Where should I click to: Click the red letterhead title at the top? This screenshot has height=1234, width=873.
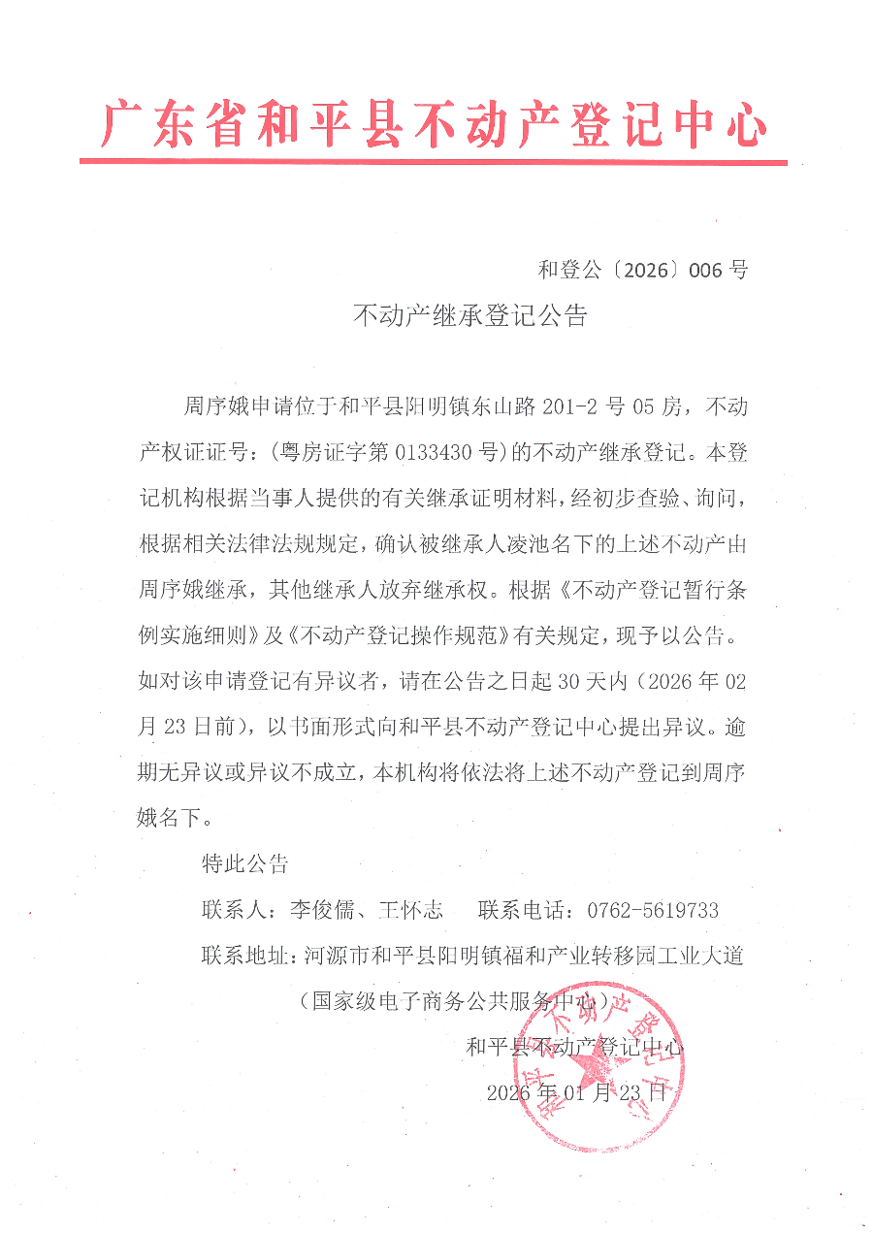434,124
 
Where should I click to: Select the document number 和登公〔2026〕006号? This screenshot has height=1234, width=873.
642,270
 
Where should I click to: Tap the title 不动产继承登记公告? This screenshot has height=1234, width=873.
469,316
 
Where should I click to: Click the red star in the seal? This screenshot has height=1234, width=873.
593,1067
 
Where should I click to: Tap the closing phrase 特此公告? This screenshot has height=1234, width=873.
244,863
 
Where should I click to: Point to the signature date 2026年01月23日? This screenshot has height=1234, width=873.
576,1092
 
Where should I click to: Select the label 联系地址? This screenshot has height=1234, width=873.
244,957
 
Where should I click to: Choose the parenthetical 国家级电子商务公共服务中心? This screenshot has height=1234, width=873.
460,1001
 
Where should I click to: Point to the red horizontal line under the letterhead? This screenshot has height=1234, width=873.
434,161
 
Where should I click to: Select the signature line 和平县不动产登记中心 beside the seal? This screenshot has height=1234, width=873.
574,1048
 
